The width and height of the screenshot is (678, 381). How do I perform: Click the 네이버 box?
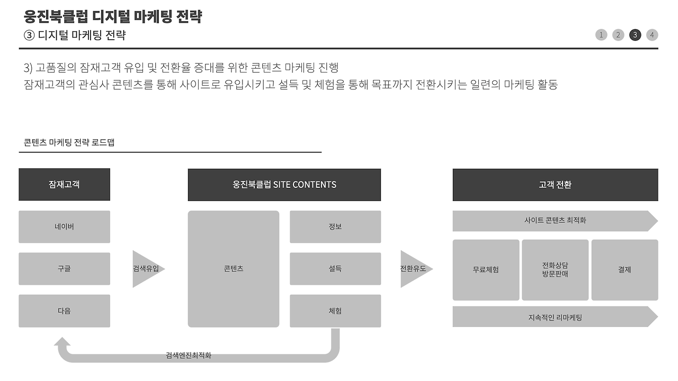(x=64, y=226)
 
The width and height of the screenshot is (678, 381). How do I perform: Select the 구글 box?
(x=64, y=268)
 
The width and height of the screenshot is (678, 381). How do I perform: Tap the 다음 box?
(x=64, y=311)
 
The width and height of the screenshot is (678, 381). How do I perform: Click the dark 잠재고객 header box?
(x=64, y=184)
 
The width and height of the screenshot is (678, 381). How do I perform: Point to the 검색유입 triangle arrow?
(x=146, y=269)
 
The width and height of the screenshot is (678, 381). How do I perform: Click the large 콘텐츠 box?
(x=233, y=268)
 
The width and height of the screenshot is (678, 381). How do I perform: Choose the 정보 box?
(x=335, y=226)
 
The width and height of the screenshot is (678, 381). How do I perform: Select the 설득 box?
(x=335, y=268)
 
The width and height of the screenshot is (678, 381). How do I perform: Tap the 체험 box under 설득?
(x=335, y=311)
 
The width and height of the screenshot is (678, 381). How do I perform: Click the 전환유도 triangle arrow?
(x=414, y=269)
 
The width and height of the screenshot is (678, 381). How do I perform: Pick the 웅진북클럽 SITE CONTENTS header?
(x=284, y=185)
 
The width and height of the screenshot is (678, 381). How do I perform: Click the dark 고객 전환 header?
(x=555, y=185)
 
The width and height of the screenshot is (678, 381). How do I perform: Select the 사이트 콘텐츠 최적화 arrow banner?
(x=555, y=221)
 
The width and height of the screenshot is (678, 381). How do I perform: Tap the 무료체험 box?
(x=486, y=269)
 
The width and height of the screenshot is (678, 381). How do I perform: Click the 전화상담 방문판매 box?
(x=555, y=269)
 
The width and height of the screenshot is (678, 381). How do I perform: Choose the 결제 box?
(x=625, y=269)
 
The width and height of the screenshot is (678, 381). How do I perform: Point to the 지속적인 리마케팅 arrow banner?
(x=555, y=317)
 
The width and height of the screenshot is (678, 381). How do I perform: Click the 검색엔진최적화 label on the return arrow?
(x=189, y=356)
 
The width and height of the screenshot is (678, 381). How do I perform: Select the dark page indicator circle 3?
(x=635, y=35)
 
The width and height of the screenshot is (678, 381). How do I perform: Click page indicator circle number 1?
(x=601, y=35)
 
